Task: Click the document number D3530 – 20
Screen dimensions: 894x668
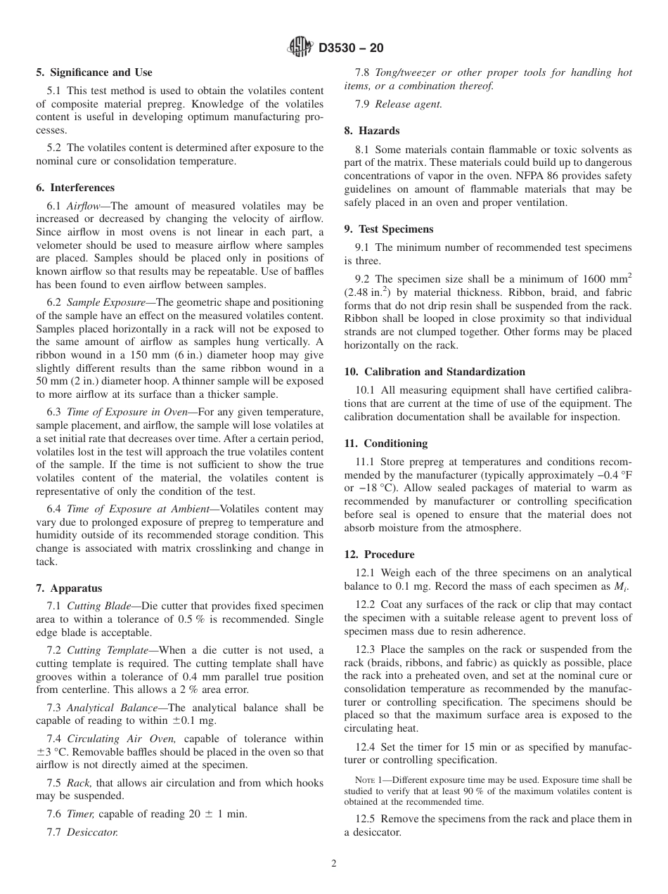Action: [351, 48]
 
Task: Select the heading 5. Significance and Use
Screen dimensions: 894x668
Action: [94, 72]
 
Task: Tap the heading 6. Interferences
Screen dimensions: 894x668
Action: [75, 188]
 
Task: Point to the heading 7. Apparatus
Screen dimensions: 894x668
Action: [69, 588]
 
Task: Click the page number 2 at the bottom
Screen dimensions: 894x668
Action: [334, 864]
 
